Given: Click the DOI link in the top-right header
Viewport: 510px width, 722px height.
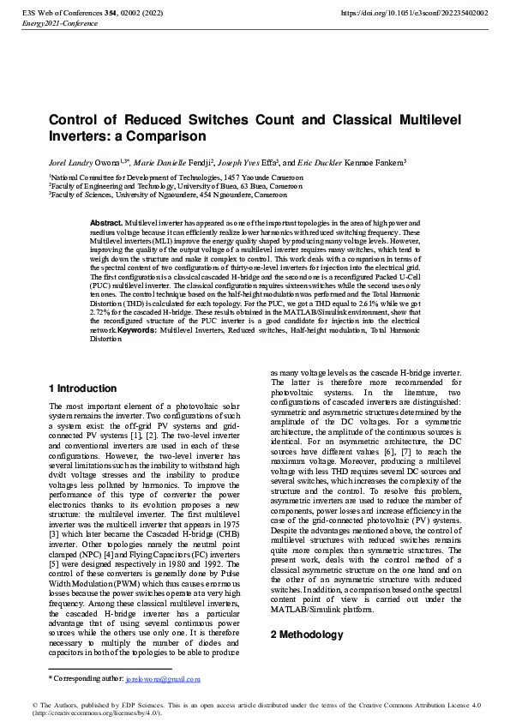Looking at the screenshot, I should [414, 14].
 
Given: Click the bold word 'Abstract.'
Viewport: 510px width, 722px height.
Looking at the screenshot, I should [107, 222].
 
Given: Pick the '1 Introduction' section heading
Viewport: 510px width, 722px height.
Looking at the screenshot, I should [82, 388].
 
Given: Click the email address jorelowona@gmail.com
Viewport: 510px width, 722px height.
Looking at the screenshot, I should [162, 678].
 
